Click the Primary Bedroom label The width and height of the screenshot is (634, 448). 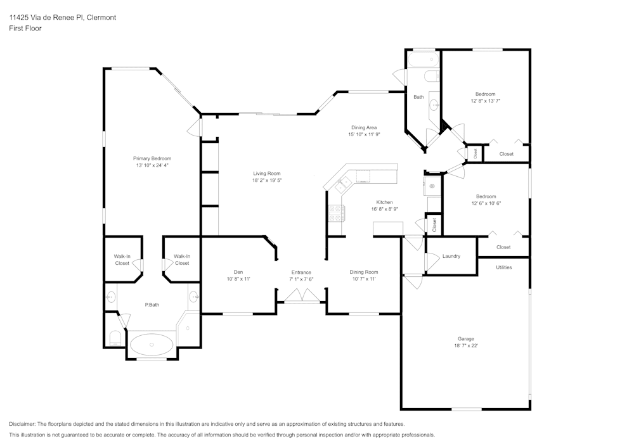(152, 158)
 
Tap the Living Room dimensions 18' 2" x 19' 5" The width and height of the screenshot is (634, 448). (267, 180)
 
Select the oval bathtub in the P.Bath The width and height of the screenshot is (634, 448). (152, 345)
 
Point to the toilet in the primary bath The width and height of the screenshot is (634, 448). (115, 338)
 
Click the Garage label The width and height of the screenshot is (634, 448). (466, 338)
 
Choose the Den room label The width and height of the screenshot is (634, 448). (238, 272)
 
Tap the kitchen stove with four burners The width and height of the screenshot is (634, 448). (337, 214)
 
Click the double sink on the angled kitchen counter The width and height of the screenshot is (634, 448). (344, 184)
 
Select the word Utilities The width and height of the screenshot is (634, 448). (504, 267)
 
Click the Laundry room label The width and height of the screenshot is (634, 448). (451, 256)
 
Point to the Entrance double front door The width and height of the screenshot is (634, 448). (302, 295)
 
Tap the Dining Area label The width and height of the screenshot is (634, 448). (364, 127)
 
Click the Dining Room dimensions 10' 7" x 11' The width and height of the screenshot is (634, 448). (364, 279)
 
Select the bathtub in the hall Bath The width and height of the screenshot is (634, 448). (424, 60)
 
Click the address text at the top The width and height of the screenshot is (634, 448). (63, 17)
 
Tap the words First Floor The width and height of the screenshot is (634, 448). (25, 29)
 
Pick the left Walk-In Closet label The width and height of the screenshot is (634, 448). (122, 259)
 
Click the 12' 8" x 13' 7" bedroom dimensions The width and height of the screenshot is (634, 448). (485, 101)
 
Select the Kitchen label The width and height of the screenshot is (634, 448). (385, 202)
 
